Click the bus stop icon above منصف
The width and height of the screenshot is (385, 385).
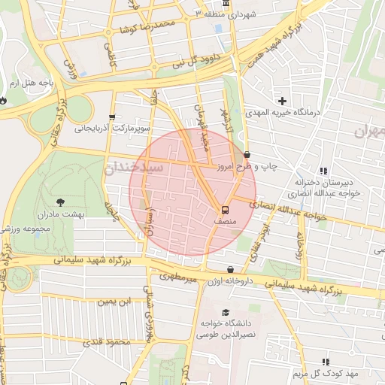click(225, 209)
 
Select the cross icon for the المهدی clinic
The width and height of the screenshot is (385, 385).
click(283, 100)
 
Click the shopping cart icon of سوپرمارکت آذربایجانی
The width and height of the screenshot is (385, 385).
click(112, 117)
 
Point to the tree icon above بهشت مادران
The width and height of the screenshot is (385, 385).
click(60, 202)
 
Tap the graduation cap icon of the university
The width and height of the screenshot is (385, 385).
click(225, 312)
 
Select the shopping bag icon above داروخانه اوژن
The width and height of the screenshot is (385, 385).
click(229, 268)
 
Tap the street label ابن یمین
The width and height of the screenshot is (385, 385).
click(115, 301)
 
